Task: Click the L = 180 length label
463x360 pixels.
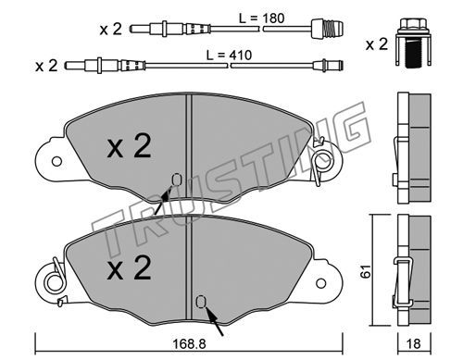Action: pos(261,19)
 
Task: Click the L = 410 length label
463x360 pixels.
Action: pos(229,56)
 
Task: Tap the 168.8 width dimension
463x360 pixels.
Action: pos(189,343)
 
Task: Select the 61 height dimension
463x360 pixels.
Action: pos(366,271)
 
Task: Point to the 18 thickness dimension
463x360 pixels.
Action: pos(414,343)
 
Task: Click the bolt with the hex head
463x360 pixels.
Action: pos(413,43)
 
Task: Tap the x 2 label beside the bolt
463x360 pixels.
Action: pos(377,44)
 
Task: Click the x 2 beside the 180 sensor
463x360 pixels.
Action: pos(110,29)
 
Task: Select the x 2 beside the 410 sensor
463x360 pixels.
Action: pos(46,66)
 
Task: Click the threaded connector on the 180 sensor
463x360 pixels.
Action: pos(327,29)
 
